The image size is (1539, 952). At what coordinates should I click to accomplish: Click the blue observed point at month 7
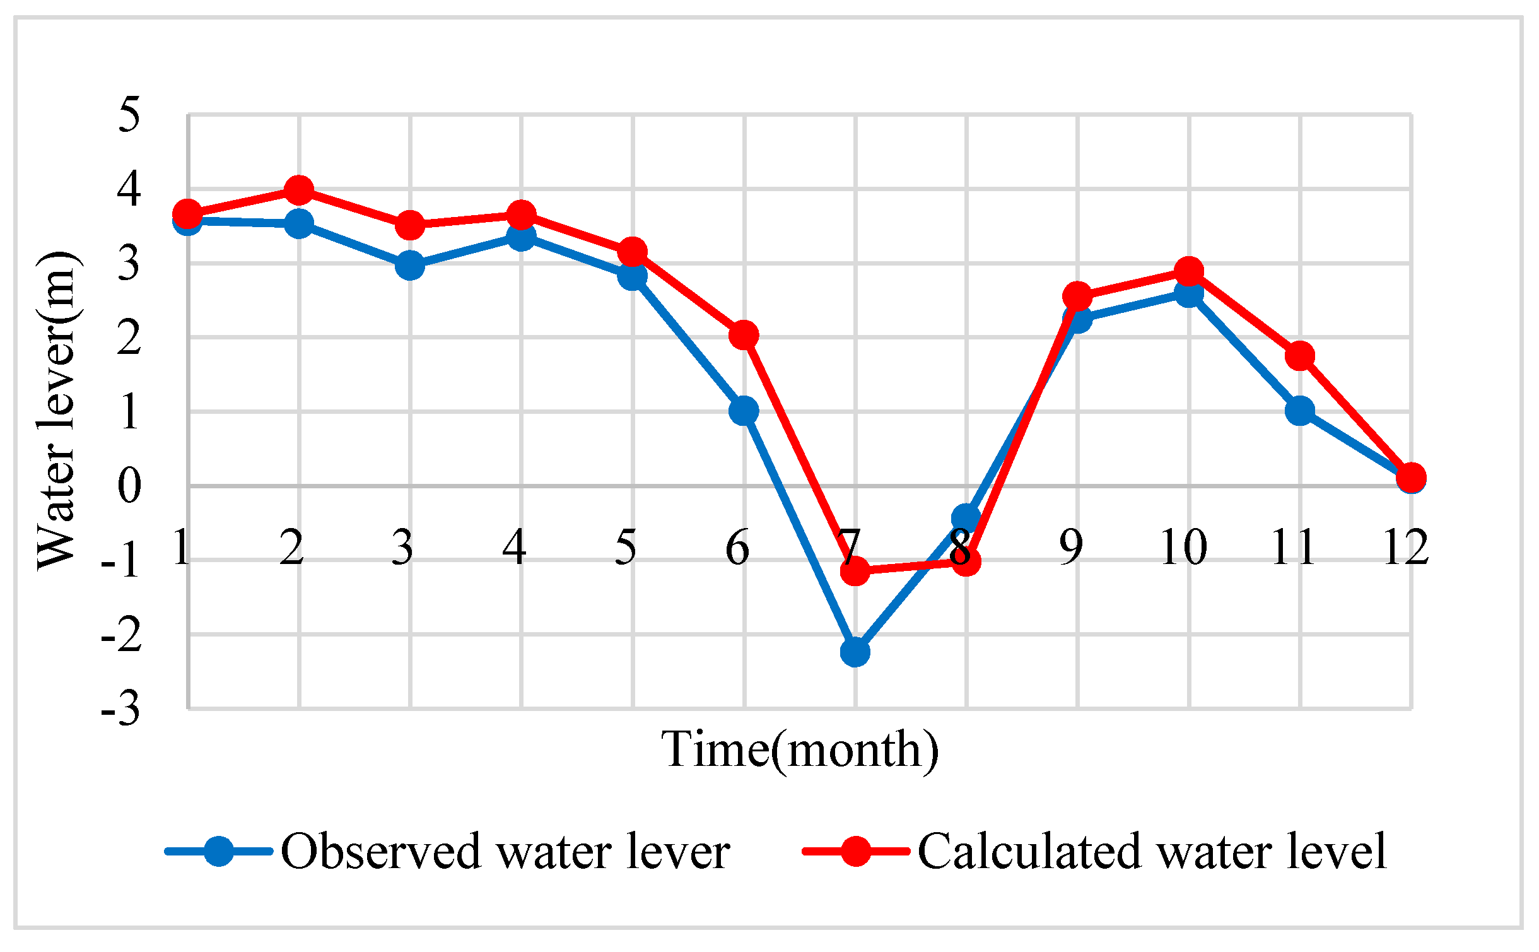coord(855,652)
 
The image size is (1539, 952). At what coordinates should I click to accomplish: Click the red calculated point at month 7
coord(855,571)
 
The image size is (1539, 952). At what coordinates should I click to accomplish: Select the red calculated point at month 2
coord(299,190)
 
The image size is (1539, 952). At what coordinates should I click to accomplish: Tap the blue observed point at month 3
coord(410,266)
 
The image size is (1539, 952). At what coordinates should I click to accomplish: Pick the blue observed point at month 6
coord(744,411)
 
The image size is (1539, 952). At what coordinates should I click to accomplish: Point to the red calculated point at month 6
coord(744,335)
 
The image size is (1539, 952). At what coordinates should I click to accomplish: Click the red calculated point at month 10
coord(1189,271)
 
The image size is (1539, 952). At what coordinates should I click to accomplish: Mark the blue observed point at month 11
coord(1300,411)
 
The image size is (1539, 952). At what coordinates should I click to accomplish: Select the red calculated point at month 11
coord(1300,356)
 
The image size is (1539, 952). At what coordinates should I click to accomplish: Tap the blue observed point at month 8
coord(966,518)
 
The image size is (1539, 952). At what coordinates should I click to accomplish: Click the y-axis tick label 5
coord(129,115)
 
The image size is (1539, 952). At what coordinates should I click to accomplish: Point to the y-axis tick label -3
coord(121,709)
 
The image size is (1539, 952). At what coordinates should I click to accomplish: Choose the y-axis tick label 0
coord(129,486)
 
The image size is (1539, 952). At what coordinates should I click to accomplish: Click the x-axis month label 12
coord(1406,547)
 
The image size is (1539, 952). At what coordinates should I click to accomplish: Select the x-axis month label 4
coord(514,547)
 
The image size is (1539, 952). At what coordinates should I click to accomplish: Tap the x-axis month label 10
coord(1184,547)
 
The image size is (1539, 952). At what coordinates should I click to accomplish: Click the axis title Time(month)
coord(800,750)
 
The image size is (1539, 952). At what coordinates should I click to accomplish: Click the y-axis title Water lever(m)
coord(57,410)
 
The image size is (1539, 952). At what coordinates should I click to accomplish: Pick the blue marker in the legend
coord(219,852)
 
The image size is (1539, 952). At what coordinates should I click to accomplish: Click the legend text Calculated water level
coord(1152,852)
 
